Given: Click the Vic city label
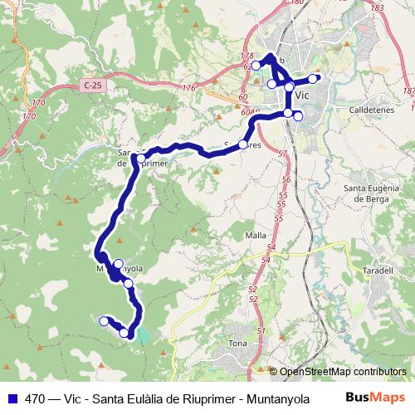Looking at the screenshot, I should (302, 95).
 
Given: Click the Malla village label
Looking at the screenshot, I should (256, 235).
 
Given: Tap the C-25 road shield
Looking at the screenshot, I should (94, 85).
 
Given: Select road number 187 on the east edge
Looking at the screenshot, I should (407, 90).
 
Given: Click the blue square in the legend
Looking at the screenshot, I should (12, 398).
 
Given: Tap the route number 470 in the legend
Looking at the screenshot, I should (37, 398).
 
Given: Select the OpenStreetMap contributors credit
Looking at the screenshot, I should (343, 372).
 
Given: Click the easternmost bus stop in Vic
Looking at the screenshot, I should (314, 79).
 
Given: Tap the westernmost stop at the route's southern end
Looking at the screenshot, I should (105, 320).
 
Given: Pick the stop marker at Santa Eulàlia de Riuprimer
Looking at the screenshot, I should (141, 158).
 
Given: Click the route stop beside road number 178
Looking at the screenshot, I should (256, 65).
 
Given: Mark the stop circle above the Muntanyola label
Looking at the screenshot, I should (118, 263).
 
